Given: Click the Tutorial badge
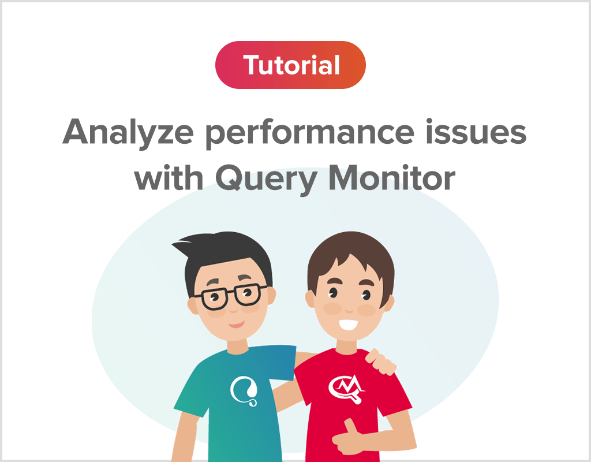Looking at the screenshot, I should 290,65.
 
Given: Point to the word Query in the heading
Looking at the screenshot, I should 265,179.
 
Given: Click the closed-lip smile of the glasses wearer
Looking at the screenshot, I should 237,324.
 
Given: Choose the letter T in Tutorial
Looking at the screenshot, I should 252,65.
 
